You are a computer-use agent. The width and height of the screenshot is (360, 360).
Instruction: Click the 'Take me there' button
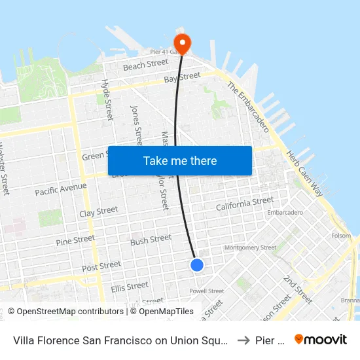[x=180, y=160]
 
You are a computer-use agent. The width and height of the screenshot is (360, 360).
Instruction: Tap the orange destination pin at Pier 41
[x=181, y=43]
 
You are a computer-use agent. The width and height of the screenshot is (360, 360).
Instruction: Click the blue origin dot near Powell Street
[x=197, y=264]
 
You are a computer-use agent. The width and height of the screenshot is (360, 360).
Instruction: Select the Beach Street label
[x=146, y=64]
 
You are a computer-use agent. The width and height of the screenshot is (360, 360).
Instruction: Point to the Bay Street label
[x=182, y=78]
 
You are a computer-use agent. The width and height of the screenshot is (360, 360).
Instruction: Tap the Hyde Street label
[x=106, y=99]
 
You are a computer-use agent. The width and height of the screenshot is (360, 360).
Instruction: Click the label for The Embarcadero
[x=248, y=107]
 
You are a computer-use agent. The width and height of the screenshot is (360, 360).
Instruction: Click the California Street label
[x=245, y=204]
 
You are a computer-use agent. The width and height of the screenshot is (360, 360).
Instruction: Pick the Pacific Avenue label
[x=61, y=190]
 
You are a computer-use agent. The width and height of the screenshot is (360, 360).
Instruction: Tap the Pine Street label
[x=75, y=241]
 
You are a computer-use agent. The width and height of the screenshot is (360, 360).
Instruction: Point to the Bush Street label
[x=151, y=240]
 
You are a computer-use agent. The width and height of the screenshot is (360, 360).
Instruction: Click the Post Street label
[x=101, y=266]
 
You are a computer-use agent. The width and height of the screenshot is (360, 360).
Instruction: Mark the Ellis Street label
[x=129, y=286]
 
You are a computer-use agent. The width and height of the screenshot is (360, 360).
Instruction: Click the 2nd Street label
[x=298, y=289]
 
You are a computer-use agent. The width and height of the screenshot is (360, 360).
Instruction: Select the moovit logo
[x=321, y=339]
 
